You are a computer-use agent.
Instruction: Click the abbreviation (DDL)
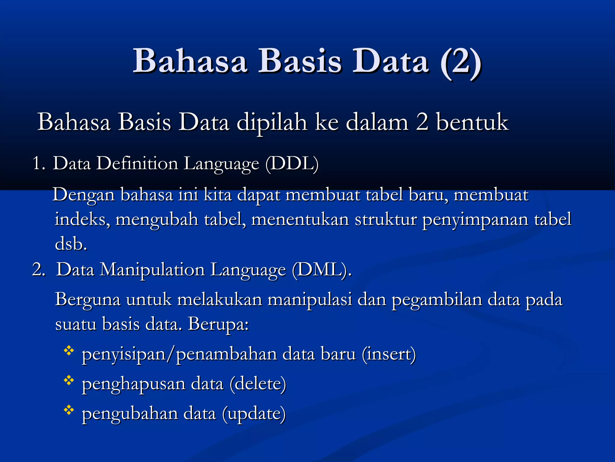click(292, 164)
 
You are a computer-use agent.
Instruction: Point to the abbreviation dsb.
click(71, 244)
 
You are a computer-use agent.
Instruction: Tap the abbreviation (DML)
click(321, 270)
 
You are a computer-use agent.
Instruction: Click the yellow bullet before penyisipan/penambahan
click(69, 351)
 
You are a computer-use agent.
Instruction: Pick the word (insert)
click(389, 354)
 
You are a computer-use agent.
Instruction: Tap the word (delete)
click(258, 384)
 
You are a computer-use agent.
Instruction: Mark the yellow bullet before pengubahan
click(69, 410)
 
